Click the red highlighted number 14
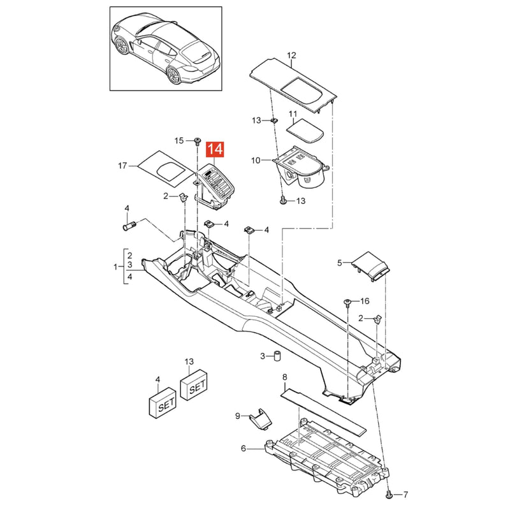pos(215,150)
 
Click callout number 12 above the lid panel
pos(292,55)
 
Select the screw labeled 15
pos(197,141)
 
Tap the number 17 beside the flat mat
pos(122,166)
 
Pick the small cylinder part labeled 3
pos(277,356)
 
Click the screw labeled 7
pos(389,495)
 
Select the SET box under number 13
pos(193,385)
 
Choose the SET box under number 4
pos(162,402)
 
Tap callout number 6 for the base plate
pos(244,449)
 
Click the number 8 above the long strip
pos(285,377)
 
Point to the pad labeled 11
pos(305,131)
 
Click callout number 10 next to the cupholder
pos(256,161)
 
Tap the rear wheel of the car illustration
pos(173,76)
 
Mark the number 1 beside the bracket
pos(115,267)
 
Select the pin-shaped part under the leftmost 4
pos(129,226)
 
